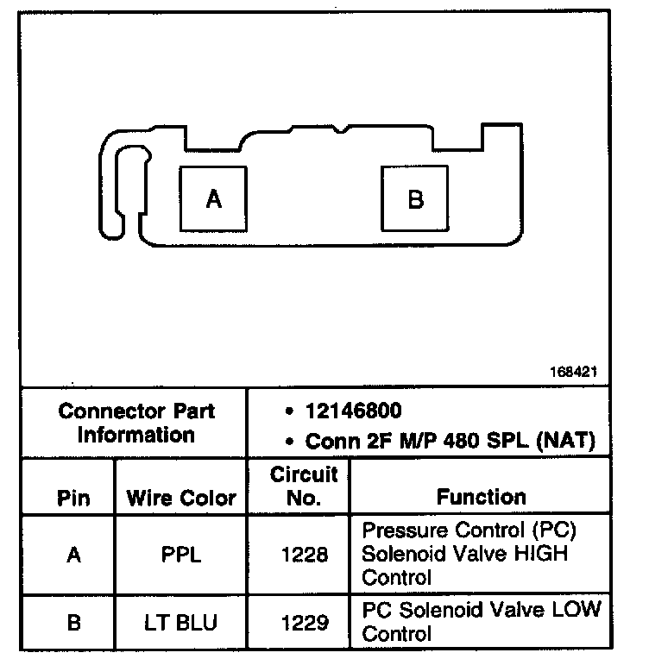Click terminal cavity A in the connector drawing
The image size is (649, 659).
(213, 199)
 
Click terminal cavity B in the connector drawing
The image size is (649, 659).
(415, 199)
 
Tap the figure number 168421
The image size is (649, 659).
(572, 373)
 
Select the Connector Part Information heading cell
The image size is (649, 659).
(136, 423)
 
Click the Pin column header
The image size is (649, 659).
(73, 498)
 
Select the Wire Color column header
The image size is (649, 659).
(181, 498)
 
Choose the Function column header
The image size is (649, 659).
(481, 497)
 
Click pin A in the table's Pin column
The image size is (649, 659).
(73, 555)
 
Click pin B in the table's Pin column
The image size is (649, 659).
(73, 622)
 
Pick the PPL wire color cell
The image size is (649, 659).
(181, 555)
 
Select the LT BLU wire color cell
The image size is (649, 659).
(181, 622)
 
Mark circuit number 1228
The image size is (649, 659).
(305, 555)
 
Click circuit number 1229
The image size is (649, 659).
(305, 622)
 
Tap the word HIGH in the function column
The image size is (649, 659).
(540, 553)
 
